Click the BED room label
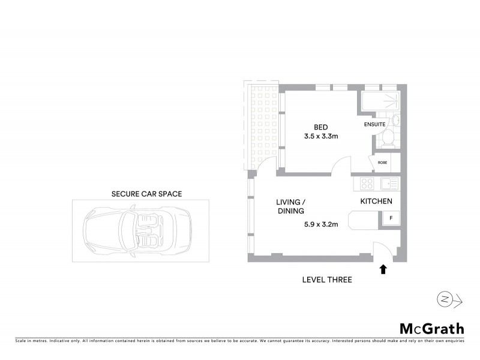321,126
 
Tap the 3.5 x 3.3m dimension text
321,136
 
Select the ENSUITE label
374,125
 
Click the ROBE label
382,162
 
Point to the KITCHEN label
376,202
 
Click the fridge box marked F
391,218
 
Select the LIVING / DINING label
290,206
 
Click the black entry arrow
383,269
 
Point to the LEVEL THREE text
327,280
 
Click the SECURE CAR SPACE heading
147,194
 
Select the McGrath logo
431,328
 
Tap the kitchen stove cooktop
367,184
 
